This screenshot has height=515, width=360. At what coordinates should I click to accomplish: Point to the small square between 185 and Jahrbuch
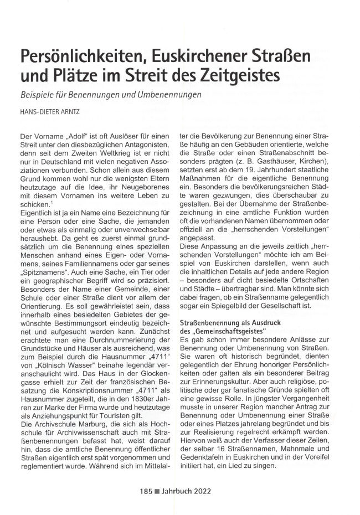157,491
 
